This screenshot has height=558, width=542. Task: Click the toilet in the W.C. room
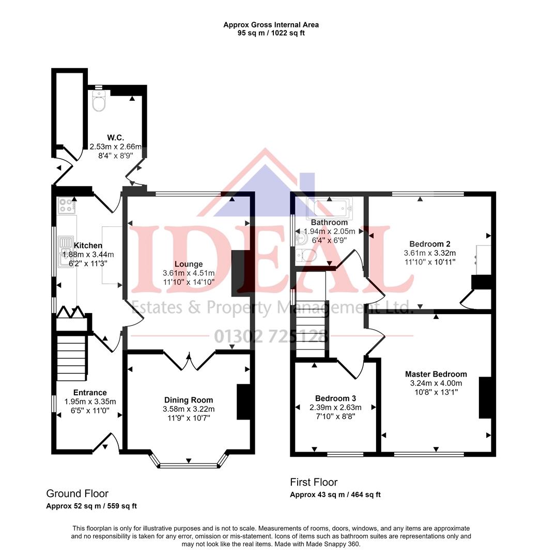click(98, 102)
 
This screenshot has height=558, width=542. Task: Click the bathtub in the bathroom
click(329, 208)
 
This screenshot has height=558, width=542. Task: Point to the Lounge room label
click(189, 264)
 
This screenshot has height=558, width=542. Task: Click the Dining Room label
click(189, 400)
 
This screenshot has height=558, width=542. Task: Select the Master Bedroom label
click(436, 374)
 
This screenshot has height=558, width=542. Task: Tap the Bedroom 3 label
click(335, 398)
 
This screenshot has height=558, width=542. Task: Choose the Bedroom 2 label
click(430, 244)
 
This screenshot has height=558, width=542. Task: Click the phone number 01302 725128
click(271, 337)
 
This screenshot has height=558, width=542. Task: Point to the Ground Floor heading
click(78, 493)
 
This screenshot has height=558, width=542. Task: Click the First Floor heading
click(314, 482)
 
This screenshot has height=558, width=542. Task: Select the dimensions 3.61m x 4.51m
click(189, 273)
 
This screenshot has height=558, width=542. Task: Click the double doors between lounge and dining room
click(189, 361)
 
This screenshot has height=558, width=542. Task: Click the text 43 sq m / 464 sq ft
click(350, 494)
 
